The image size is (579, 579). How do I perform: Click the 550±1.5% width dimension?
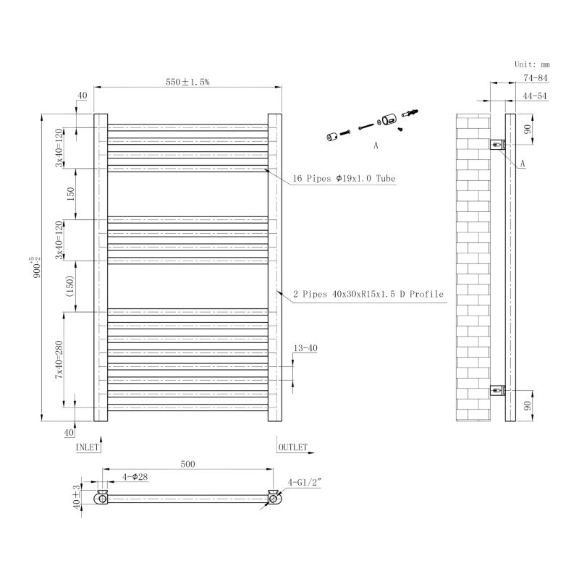coord(187,82)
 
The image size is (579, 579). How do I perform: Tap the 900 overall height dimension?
coord(36,267)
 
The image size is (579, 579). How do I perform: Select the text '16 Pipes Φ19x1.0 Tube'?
coord(345,178)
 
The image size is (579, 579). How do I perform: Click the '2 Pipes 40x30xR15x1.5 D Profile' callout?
coord(368,294)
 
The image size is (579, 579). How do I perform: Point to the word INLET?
coord(87,447)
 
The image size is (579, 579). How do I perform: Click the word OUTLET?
coord(293,447)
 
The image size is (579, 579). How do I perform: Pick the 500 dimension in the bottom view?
coord(187,464)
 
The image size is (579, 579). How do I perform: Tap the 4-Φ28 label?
coord(135,477)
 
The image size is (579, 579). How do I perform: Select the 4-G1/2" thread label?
coord(305,482)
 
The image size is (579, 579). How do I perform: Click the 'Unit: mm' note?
coord(532,64)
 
